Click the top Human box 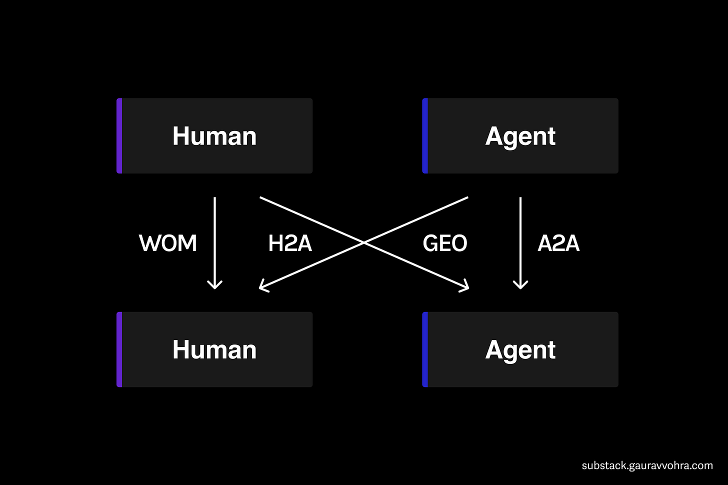[x=214, y=136]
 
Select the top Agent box [x=520, y=136]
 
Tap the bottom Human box [x=214, y=349]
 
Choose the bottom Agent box [x=520, y=349]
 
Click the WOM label [x=168, y=243]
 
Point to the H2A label [x=290, y=243]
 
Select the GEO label [x=445, y=243]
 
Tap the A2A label [x=558, y=243]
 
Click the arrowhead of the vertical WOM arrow [x=215, y=286]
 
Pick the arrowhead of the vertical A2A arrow [x=520, y=286]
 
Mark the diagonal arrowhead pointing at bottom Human [x=262, y=287]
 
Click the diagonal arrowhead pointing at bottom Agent [x=466, y=287]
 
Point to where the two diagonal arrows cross [x=364, y=243]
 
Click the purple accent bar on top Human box [x=119, y=136]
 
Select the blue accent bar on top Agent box [x=425, y=136]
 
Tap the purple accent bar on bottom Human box [x=119, y=349]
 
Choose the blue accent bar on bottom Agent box [x=425, y=349]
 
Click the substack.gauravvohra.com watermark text [x=647, y=465]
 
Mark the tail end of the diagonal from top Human [x=260, y=197]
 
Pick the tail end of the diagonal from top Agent [x=467, y=197]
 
